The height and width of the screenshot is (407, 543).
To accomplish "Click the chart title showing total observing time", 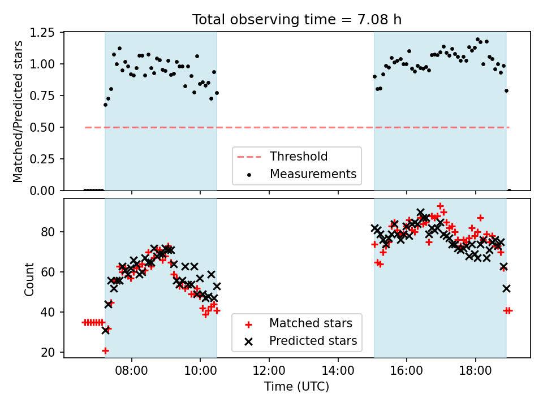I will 297,20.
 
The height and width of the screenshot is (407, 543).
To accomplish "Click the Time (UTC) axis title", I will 297,387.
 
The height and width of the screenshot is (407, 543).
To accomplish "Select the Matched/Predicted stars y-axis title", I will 18,111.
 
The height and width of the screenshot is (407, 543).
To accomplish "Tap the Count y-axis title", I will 29,279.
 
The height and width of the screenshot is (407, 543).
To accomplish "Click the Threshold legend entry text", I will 299,157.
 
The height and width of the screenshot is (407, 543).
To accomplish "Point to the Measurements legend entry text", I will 313,174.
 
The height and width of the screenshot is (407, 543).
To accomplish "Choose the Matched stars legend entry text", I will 311,323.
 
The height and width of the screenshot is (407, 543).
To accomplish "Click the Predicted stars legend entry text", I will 313,340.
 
